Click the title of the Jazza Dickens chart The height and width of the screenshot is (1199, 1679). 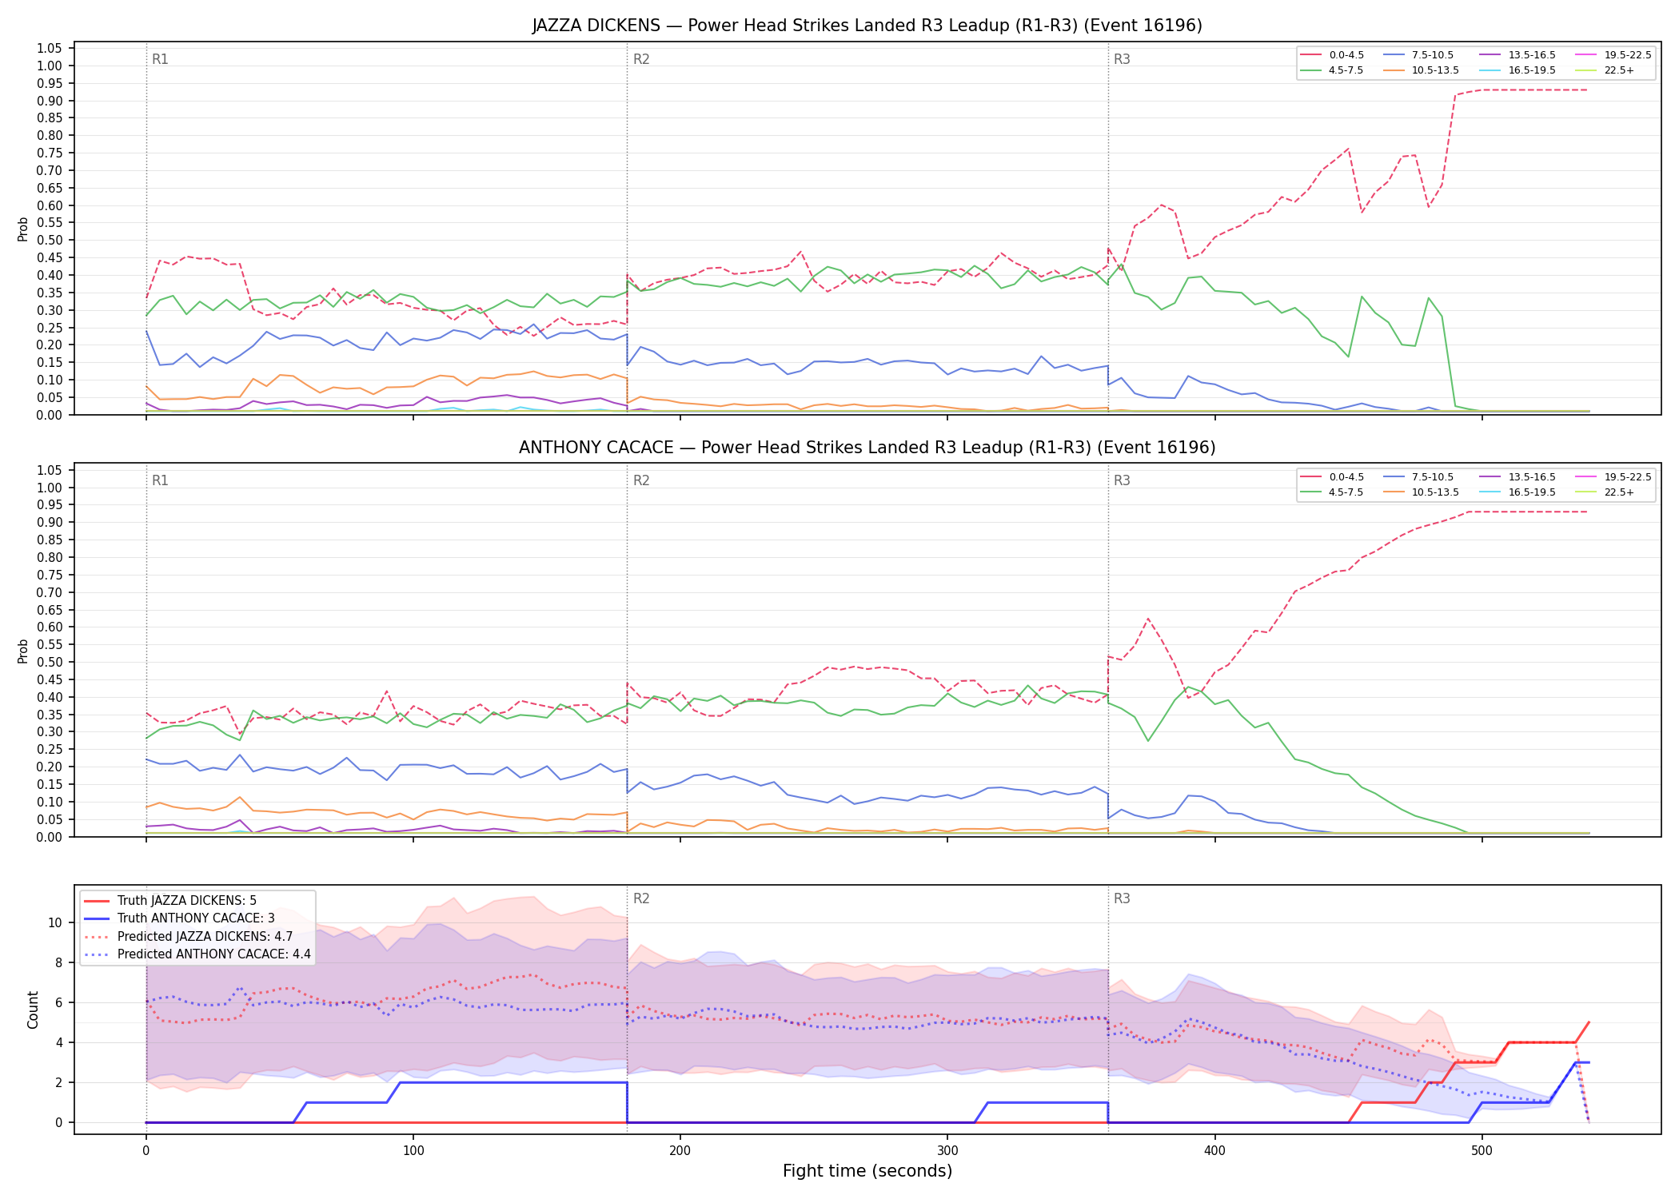pos(867,26)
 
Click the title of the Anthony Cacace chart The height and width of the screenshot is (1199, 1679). pos(867,448)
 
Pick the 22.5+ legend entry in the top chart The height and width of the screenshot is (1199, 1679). pos(1605,70)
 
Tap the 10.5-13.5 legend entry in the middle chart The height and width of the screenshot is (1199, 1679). pos(1421,492)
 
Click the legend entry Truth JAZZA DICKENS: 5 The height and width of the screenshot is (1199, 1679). pos(170,901)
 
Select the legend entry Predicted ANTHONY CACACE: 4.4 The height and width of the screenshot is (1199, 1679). pos(197,954)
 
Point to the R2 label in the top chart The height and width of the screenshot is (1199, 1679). pos(641,59)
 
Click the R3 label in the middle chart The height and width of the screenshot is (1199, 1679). pos(1122,480)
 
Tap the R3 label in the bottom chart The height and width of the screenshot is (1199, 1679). pos(1122,898)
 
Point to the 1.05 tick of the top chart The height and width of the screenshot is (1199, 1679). pos(50,49)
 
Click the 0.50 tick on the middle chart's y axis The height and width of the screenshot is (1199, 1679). pos(50,662)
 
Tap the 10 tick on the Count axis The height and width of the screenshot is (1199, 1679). pos(55,922)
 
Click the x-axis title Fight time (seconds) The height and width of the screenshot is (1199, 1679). pos(867,1172)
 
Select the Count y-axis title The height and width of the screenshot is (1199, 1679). pos(33,1010)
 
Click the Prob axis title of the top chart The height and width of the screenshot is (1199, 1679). pos(23,229)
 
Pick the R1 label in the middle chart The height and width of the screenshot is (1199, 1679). pos(160,480)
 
